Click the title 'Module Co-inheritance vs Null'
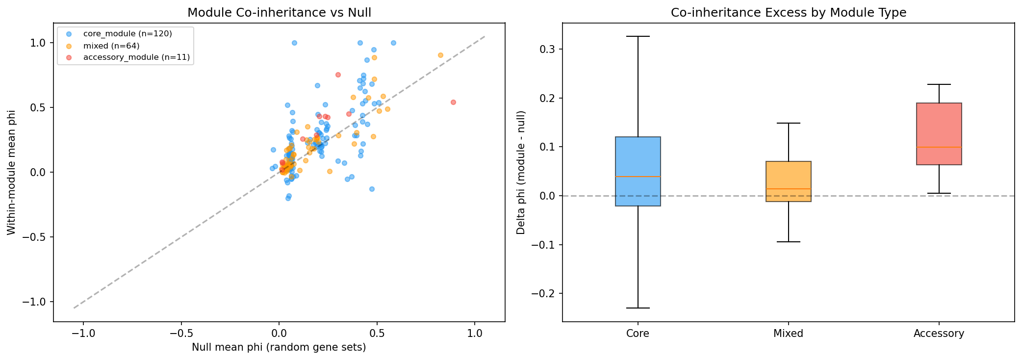click(279, 13)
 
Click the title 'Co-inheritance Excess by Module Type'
click(788, 13)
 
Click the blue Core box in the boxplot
click(638, 171)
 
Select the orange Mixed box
click(788, 181)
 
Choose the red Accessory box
click(939, 134)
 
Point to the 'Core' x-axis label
click(638, 334)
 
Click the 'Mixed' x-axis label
click(788, 334)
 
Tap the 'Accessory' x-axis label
click(939, 334)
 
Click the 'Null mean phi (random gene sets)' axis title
click(279, 348)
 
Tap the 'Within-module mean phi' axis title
click(11, 172)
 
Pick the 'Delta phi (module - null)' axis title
click(521, 172)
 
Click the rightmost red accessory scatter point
click(453, 102)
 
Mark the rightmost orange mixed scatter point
click(440, 55)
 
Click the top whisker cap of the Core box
click(638, 36)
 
